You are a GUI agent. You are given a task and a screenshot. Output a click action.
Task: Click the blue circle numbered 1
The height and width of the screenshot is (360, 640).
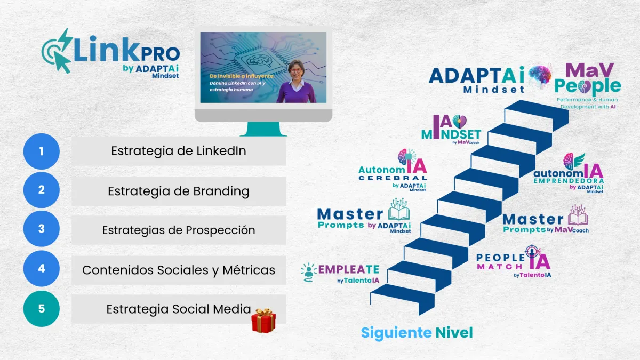tap(42, 151)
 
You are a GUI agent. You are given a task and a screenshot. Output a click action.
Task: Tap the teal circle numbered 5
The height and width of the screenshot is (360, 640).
tap(42, 309)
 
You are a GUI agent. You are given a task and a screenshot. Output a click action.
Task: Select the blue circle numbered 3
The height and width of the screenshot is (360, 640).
tap(42, 229)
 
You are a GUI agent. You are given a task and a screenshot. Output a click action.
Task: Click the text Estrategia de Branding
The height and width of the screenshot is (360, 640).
tap(179, 191)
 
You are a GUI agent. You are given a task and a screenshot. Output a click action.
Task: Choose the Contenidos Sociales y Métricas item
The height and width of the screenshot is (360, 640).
tap(179, 270)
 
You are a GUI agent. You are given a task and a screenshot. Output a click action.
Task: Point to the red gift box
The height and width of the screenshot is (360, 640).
tap(263, 321)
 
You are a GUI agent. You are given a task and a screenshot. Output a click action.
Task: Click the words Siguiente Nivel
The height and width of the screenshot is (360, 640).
tap(417, 333)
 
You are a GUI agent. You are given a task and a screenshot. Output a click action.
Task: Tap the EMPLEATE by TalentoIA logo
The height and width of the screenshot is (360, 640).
tap(340, 274)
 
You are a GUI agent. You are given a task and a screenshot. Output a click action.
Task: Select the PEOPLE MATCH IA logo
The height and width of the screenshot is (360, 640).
tap(514, 261)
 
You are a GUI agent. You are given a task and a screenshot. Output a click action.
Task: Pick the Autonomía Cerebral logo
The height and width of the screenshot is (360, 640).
tap(393, 170)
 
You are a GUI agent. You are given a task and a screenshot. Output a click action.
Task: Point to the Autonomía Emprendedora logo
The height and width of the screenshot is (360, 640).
tap(569, 173)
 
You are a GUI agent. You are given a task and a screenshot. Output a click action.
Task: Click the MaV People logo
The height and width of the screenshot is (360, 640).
tap(588, 86)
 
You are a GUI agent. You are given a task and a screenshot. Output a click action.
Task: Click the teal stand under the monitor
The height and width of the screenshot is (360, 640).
tap(263, 129)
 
